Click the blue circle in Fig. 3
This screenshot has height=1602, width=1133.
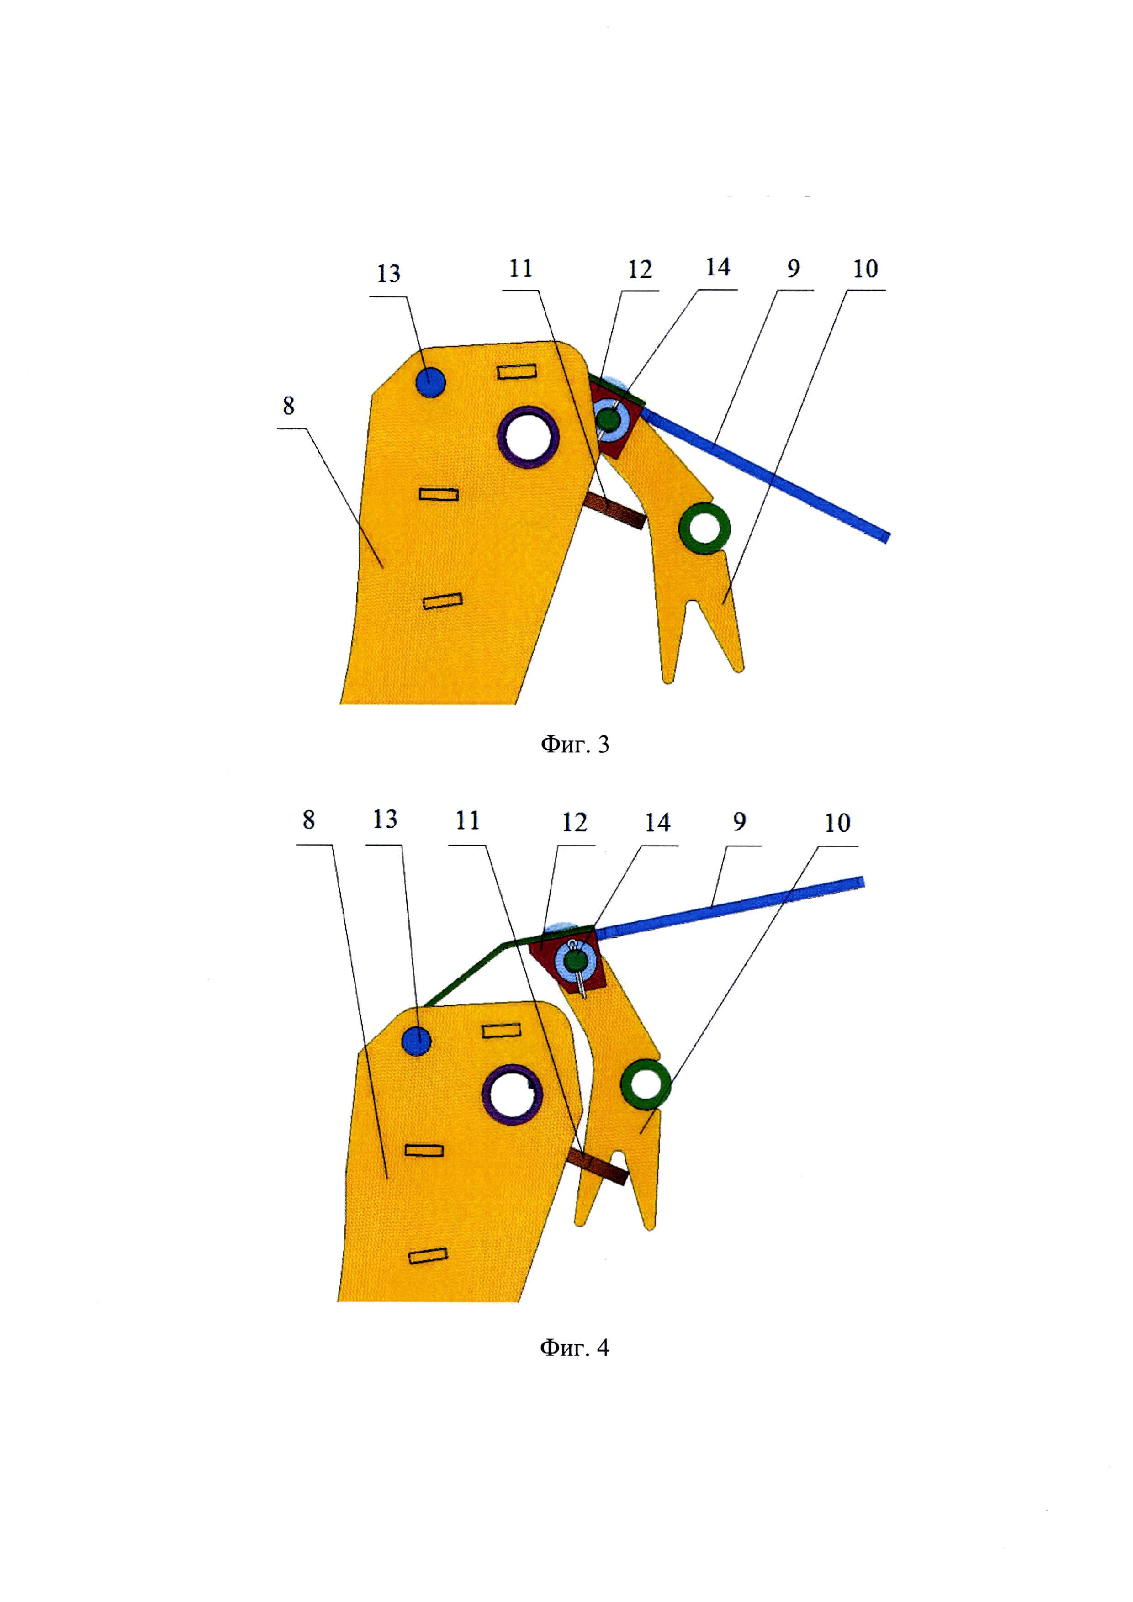click(430, 382)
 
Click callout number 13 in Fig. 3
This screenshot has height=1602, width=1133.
click(389, 274)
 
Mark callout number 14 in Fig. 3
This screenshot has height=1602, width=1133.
click(717, 267)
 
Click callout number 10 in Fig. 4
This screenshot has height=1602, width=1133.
click(837, 823)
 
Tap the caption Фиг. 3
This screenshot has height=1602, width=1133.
click(575, 745)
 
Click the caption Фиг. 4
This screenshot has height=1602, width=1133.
click(574, 1347)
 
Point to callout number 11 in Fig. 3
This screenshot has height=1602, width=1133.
click(520, 269)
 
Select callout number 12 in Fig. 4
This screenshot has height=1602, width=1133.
click(574, 823)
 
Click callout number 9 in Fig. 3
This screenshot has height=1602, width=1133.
click(793, 269)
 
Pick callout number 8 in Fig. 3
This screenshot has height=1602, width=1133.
click(288, 405)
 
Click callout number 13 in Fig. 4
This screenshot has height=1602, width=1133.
click(384, 819)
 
